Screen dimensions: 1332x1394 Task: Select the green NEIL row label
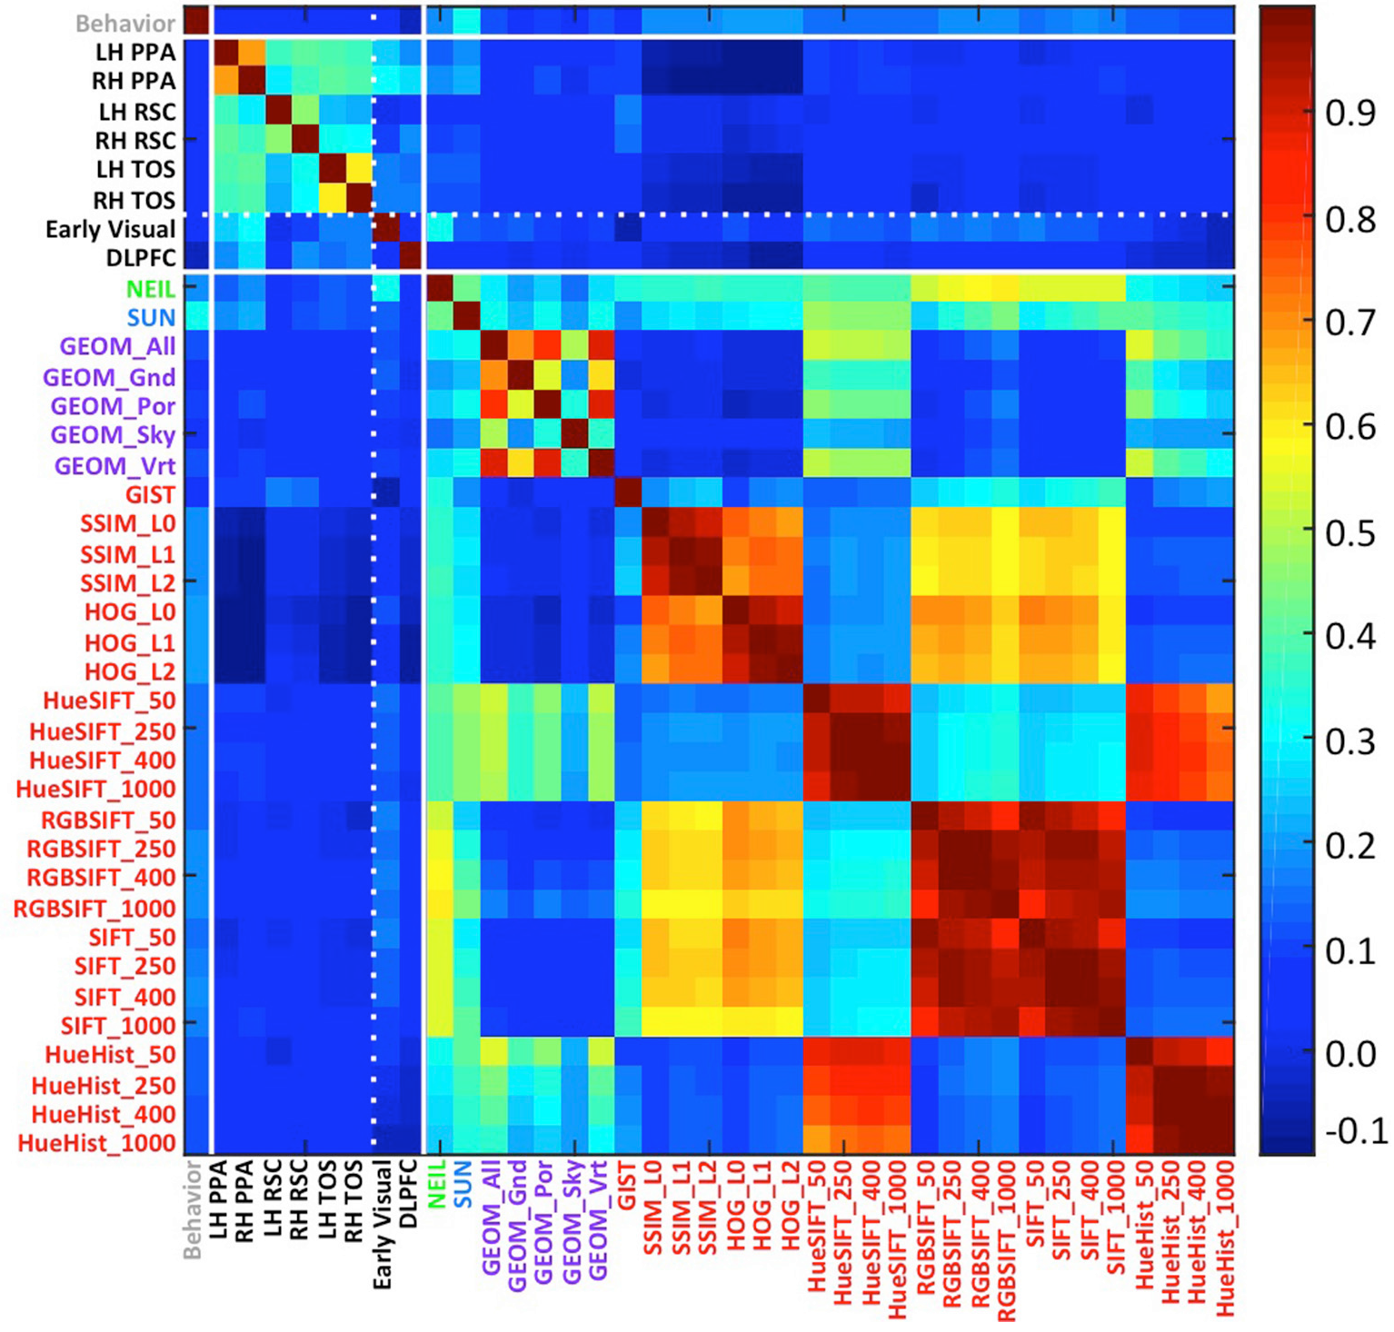(150, 288)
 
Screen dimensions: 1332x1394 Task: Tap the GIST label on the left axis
(150, 494)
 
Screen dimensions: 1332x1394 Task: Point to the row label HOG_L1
(130, 642)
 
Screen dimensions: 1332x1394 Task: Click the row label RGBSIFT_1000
(95, 908)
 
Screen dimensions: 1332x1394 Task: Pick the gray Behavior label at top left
(125, 23)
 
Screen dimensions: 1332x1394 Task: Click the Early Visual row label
(110, 229)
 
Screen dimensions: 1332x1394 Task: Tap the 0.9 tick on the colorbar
(1350, 114)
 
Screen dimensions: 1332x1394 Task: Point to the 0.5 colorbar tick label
(1350, 532)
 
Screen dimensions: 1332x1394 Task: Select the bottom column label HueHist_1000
(1224, 1237)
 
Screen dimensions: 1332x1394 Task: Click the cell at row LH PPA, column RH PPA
(252, 52)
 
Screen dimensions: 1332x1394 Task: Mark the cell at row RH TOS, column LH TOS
(333, 199)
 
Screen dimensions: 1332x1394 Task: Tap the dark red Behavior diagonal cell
(197, 20)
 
